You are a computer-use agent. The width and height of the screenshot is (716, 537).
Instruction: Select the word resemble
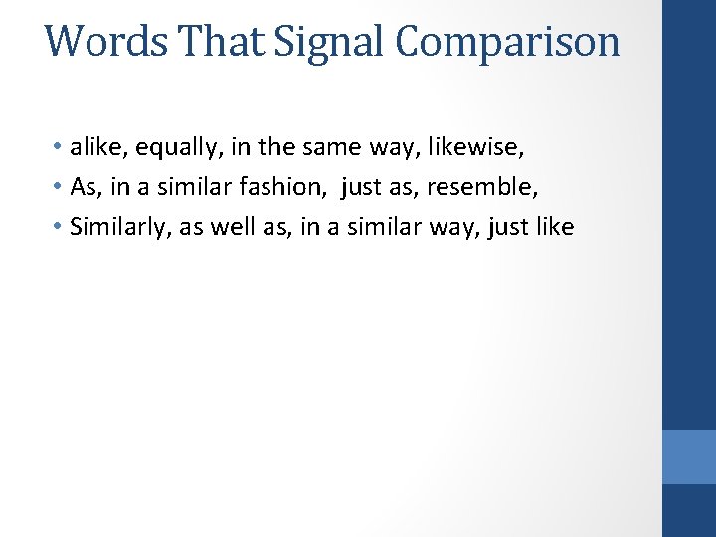(477, 187)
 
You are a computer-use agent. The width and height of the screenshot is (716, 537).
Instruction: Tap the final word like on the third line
(551, 227)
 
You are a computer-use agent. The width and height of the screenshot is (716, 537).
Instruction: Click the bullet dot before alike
(60, 148)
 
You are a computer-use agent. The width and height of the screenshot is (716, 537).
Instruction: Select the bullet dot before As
(60, 188)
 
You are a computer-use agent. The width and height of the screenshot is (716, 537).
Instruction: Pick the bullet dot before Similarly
(60, 228)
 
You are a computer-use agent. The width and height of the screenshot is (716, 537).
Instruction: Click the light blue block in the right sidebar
(689, 456)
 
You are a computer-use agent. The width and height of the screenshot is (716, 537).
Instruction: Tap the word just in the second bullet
(362, 187)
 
